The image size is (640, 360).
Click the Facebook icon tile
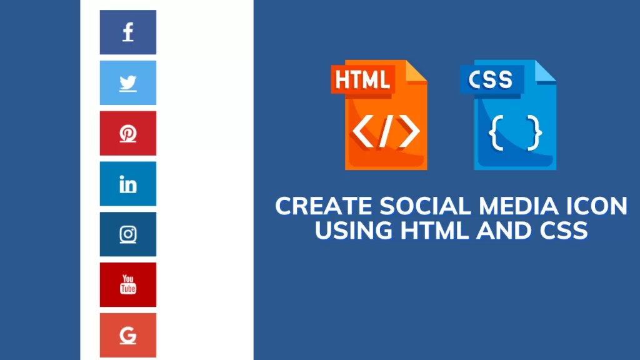(128, 32)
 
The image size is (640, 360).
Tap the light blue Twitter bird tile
(128, 83)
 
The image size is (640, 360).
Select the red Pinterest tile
(128, 133)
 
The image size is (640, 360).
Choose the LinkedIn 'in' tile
(128, 184)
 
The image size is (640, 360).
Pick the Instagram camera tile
(128, 234)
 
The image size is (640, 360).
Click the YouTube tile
(128, 284)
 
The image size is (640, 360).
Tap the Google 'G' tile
(128, 335)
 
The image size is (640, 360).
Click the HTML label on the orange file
(363, 79)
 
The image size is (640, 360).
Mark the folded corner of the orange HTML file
(417, 70)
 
